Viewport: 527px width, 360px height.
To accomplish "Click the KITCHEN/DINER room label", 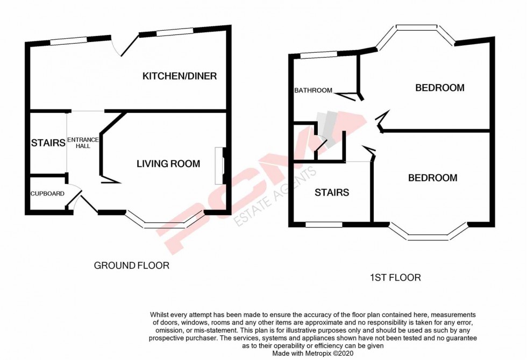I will click(179, 76).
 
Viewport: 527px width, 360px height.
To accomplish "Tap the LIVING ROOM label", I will click(168, 164).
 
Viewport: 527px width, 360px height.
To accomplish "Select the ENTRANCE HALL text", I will click(83, 143).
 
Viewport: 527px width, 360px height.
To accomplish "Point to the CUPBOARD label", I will click(47, 194).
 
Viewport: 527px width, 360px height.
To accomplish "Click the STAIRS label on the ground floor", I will click(48, 143).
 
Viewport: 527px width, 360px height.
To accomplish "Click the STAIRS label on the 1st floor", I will click(332, 193).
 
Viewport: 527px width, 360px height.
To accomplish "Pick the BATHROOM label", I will click(313, 90).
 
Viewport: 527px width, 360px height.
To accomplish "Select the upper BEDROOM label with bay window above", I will click(439, 88).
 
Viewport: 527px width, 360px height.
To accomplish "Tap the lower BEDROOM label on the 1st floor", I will click(432, 178).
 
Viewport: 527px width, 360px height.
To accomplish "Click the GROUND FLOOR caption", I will click(131, 265).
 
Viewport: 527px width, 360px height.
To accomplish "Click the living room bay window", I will click(165, 222).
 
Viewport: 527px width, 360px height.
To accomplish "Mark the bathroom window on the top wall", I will click(319, 54).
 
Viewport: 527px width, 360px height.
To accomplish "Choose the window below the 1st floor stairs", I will click(324, 224).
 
